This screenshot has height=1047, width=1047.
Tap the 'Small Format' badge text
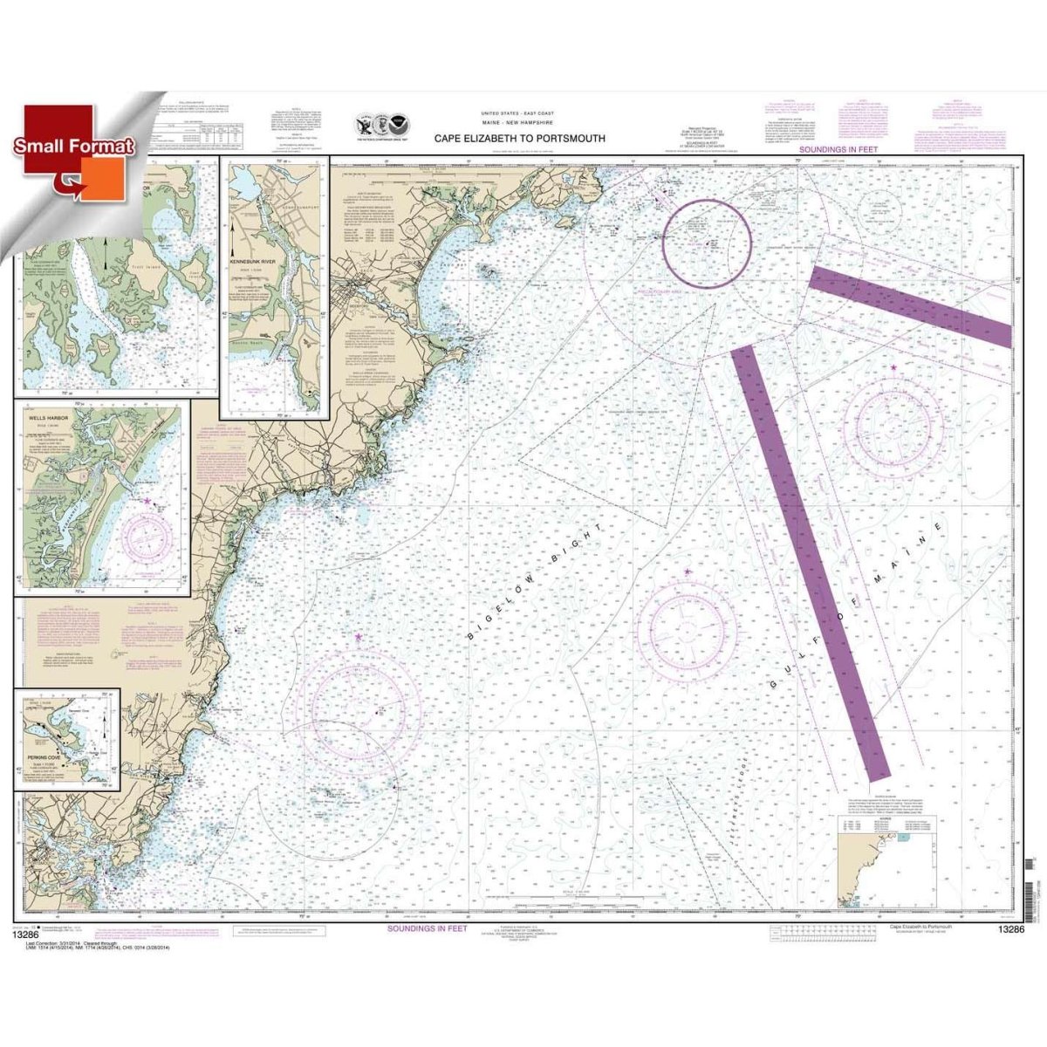(x=73, y=147)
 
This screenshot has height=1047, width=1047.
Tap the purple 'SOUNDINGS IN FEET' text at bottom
(x=428, y=928)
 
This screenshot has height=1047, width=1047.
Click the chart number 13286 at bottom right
(x=1006, y=930)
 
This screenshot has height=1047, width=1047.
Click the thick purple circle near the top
(x=707, y=237)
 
